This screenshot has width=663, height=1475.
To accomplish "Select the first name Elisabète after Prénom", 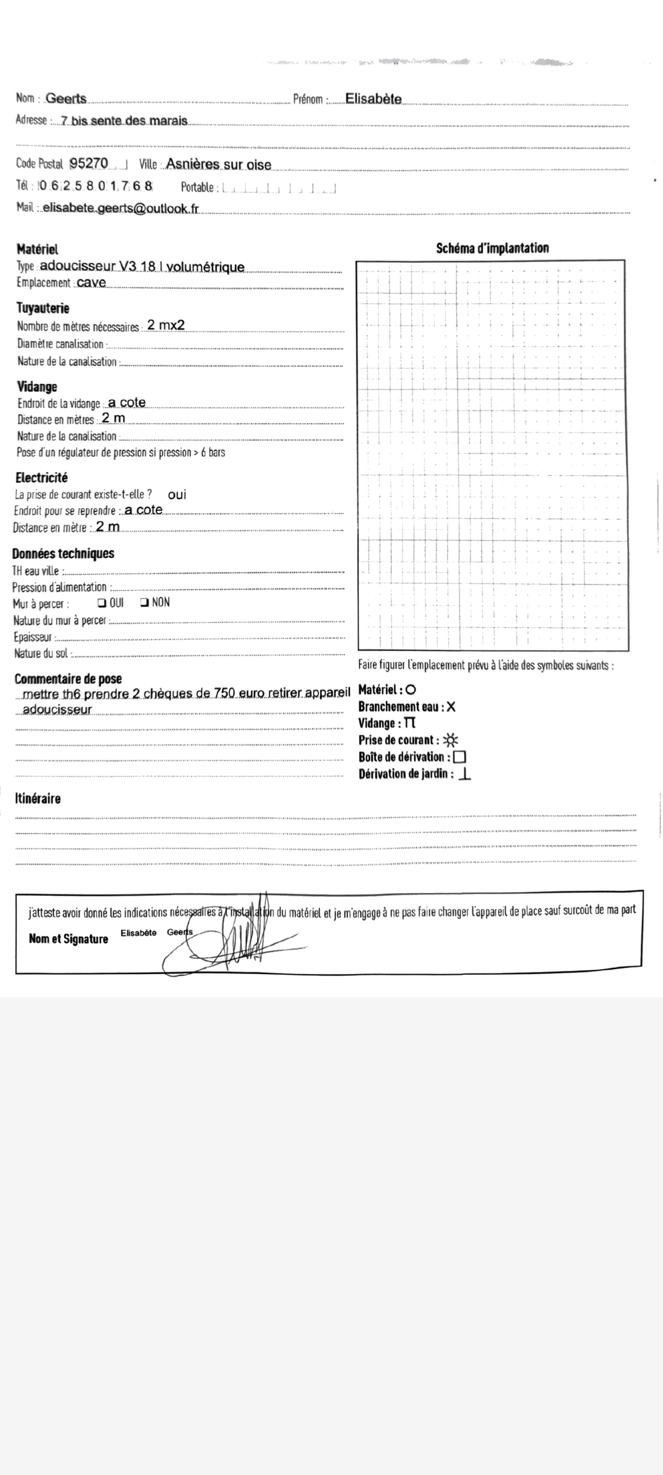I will point(373,99).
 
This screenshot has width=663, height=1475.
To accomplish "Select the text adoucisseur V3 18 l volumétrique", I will point(142,266).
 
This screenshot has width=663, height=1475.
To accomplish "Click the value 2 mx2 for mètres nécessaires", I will point(166,325).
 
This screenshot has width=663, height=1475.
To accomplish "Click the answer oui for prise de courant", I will point(177,495).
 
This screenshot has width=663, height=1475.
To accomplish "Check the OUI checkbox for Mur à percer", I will point(101,602).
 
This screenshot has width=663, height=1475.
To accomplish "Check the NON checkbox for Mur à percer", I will point(144,602).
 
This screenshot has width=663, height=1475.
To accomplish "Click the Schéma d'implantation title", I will point(492,248).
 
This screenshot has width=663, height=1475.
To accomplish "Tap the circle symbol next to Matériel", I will point(410,690).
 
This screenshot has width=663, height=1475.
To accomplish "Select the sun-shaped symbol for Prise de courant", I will point(450,740).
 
